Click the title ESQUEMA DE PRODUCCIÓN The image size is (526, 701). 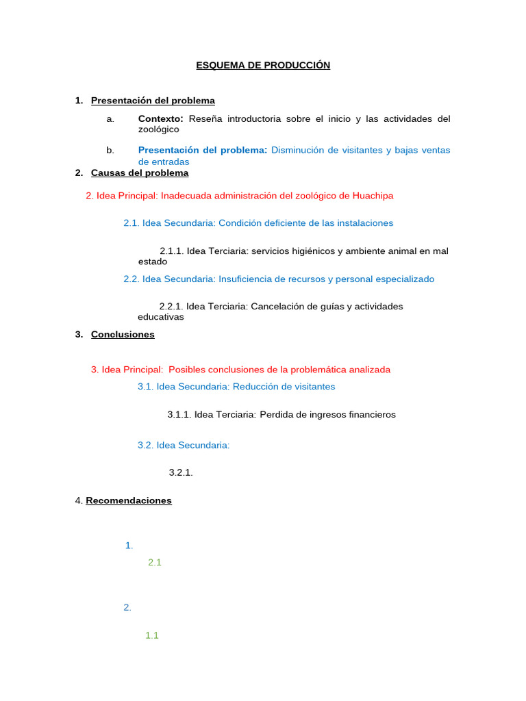click(x=263, y=65)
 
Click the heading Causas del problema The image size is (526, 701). click(x=140, y=173)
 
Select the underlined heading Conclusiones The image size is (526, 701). click(x=123, y=335)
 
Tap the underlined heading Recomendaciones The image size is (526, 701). click(x=129, y=501)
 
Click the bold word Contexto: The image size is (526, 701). click(x=161, y=119)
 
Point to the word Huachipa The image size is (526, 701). click(x=373, y=196)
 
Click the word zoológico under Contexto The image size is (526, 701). click(x=158, y=129)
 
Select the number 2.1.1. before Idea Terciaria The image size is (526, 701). click(x=171, y=251)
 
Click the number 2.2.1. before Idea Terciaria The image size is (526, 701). click(x=171, y=307)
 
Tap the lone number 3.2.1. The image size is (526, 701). click(x=181, y=472)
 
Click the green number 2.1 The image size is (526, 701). click(x=154, y=563)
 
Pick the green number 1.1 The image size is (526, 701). click(x=152, y=635)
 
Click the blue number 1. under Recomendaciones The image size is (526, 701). click(x=129, y=546)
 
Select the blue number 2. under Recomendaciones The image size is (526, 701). click(x=127, y=607)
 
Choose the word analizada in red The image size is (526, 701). click(x=364, y=370)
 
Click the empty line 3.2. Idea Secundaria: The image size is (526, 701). click(x=184, y=446)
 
